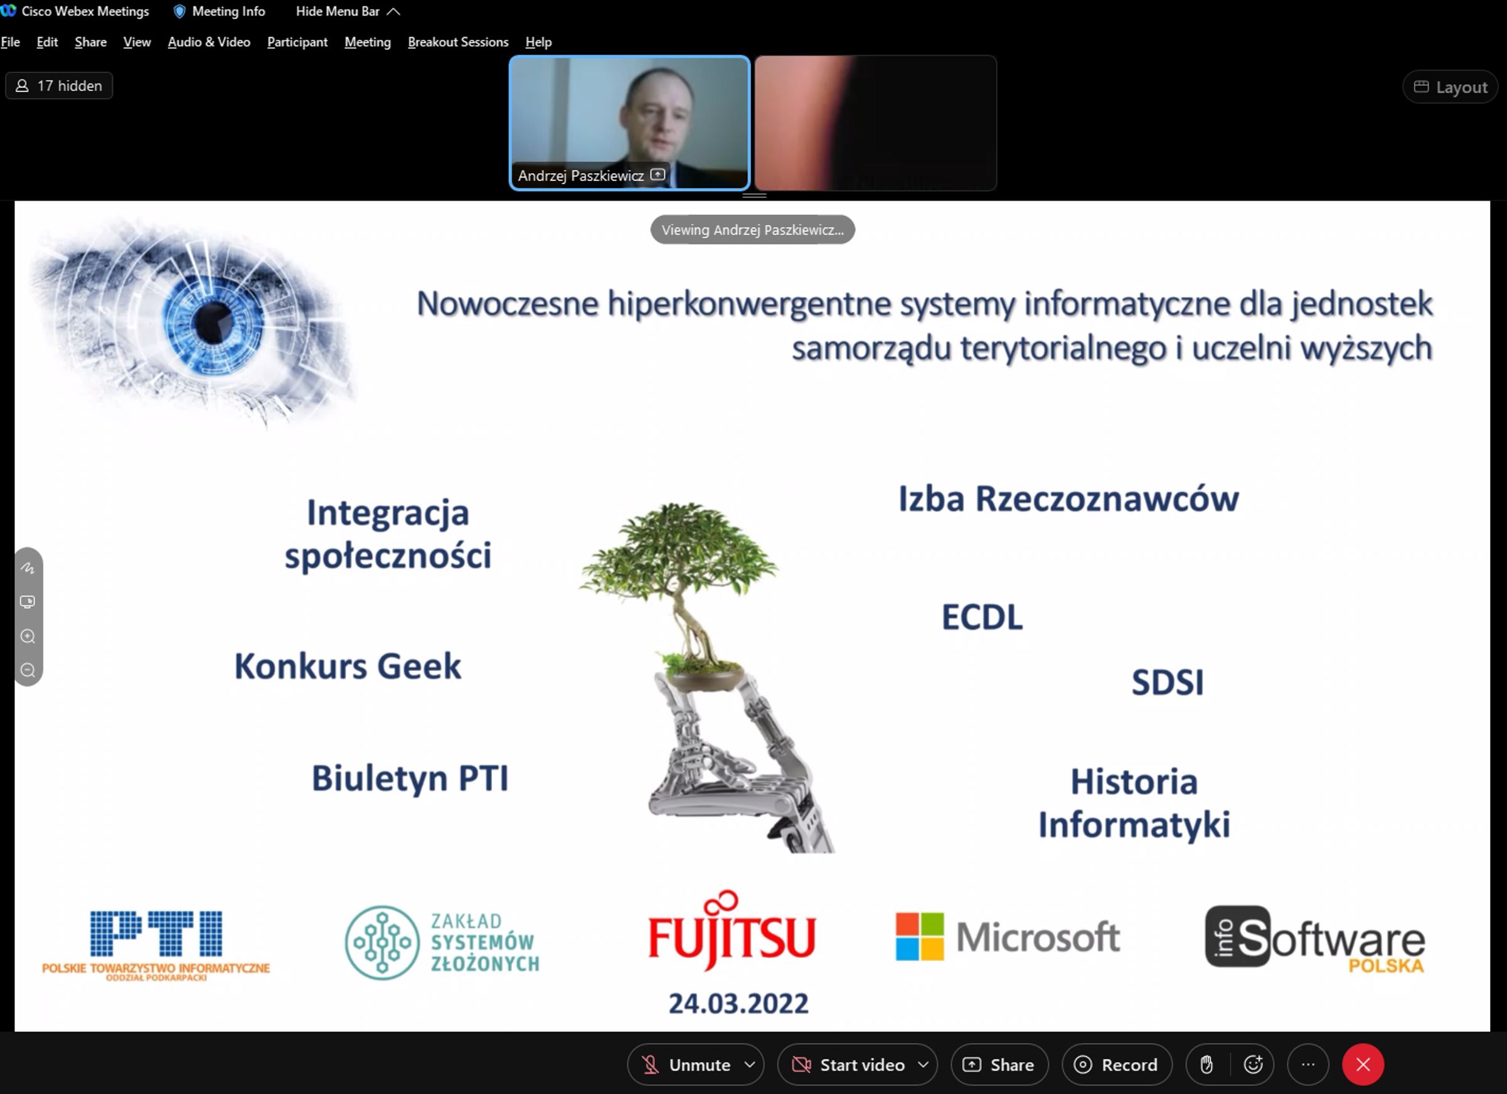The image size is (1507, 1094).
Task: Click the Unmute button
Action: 695,1065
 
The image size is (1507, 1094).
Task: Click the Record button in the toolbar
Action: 1117,1065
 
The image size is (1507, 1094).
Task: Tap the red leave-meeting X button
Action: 1363,1065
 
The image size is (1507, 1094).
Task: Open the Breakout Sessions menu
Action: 458,42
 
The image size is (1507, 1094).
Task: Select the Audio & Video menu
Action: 209,42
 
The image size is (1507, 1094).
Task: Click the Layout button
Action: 1450,87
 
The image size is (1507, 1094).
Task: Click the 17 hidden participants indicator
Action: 59,86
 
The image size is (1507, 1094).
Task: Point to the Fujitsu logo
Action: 731,931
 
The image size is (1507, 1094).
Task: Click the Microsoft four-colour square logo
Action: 919,936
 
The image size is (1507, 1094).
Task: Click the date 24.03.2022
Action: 738,1004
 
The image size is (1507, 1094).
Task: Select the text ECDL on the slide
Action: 982,617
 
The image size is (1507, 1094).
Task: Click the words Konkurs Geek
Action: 348,666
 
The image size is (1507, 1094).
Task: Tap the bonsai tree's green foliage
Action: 678,549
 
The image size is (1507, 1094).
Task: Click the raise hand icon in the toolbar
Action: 1206,1065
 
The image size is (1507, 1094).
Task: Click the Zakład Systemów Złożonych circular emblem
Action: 382,943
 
